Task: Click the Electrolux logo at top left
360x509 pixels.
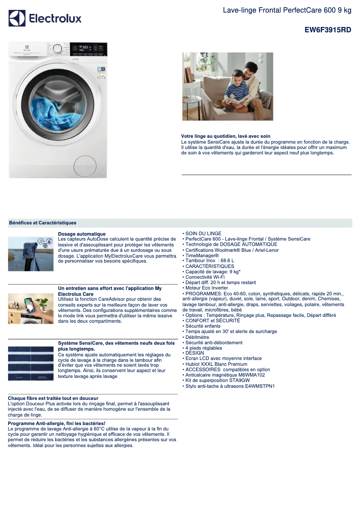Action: point(45,18)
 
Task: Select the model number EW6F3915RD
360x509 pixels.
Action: point(328,30)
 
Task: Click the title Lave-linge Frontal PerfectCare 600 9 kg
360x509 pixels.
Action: point(287,10)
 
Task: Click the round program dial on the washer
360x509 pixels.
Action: point(57,48)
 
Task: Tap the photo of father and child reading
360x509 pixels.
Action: point(228,86)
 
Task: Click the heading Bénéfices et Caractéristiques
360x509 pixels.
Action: point(43,223)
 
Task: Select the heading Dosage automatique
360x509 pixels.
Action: point(82,234)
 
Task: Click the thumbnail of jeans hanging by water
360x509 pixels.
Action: point(31,254)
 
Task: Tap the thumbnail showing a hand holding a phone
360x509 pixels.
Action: point(31,308)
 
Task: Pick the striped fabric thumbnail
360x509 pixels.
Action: point(31,363)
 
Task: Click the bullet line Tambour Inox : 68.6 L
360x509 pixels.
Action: point(208,260)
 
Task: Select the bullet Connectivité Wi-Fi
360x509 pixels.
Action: point(205,277)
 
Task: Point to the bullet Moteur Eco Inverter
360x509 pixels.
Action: point(206,288)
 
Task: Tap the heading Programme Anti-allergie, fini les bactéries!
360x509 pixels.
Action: point(57,423)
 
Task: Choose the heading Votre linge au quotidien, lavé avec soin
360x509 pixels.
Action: point(225,136)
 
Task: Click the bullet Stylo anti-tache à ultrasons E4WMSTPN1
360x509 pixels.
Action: point(229,386)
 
